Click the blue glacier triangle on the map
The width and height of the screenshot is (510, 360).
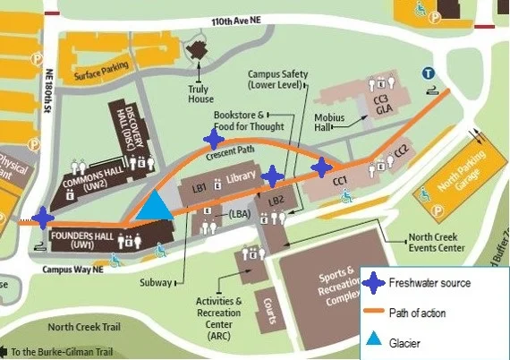(157, 207)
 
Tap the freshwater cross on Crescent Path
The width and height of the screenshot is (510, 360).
(214, 138)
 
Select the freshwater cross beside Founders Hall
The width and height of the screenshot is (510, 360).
(41, 218)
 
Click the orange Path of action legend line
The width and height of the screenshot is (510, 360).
(374, 313)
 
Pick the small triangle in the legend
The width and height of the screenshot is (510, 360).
(375, 341)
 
